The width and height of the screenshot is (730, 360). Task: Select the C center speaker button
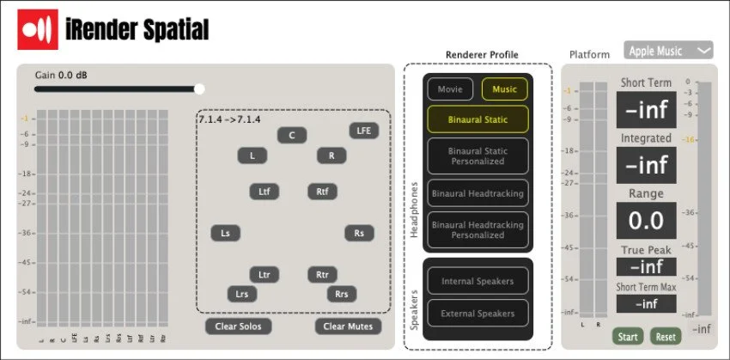[x=292, y=135]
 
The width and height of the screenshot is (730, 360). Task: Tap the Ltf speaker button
[x=264, y=192]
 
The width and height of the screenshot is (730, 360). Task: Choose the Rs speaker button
[x=359, y=233]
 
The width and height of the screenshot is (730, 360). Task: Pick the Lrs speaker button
[x=243, y=294]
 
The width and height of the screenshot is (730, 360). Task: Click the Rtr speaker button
[x=322, y=275]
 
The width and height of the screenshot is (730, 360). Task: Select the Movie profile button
[x=450, y=88]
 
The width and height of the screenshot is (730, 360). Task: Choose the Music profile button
[x=504, y=88]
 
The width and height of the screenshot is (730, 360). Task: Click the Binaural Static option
[x=478, y=119]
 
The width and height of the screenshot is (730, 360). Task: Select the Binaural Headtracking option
[x=478, y=193]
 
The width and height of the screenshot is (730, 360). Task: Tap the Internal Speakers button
[x=478, y=281]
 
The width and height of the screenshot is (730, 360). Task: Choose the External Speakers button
[x=478, y=314]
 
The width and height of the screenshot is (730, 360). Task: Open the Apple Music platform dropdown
[x=669, y=51]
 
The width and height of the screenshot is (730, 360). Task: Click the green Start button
[x=628, y=337]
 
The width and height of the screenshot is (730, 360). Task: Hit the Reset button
[x=665, y=337]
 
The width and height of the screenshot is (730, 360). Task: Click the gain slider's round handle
[x=200, y=88]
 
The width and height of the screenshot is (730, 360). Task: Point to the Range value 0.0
[x=646, y=221]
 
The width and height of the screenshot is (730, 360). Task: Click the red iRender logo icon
[x=39, y=30]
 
